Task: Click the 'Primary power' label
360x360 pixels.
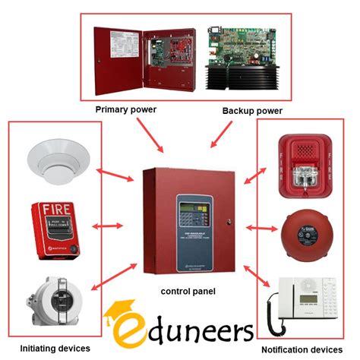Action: pos(125,109)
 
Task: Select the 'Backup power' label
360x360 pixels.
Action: pos(252,111)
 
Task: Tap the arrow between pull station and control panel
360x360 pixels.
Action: pos(109,225)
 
